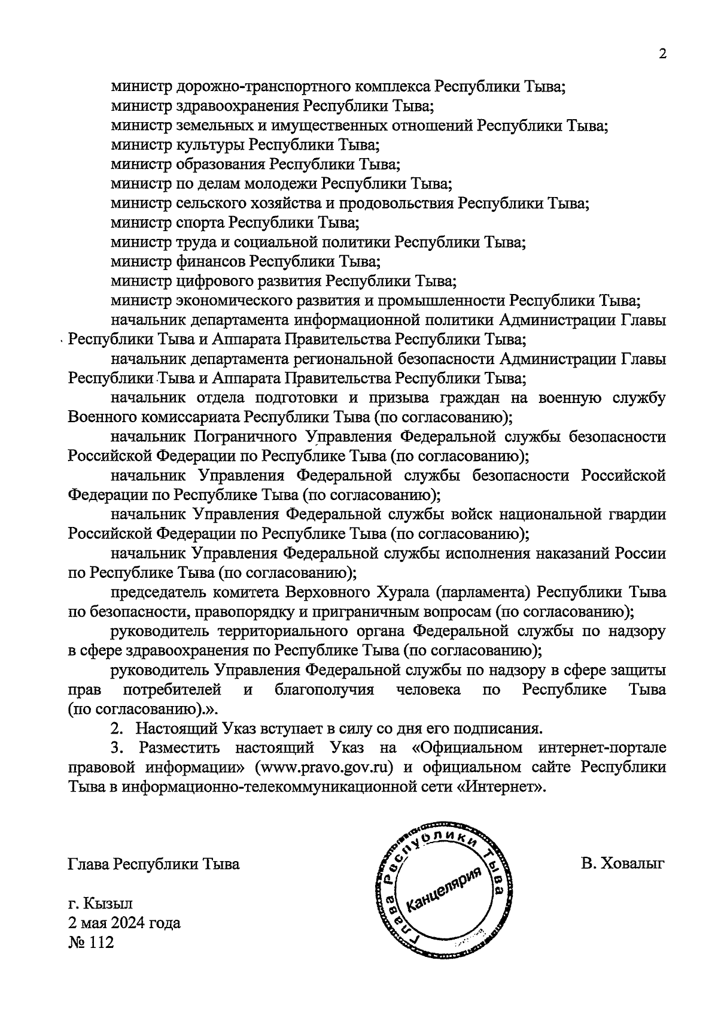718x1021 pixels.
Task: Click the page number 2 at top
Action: [x=662, y=53]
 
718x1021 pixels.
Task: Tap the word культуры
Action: [x=209, y=146]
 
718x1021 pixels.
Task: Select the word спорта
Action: [x=200, y=223]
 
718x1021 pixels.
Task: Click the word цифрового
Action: [x=213, y=281]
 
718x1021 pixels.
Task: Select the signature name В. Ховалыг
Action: [x=623, y=864]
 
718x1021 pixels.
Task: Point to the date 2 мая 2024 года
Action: [x=124, y=923]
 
